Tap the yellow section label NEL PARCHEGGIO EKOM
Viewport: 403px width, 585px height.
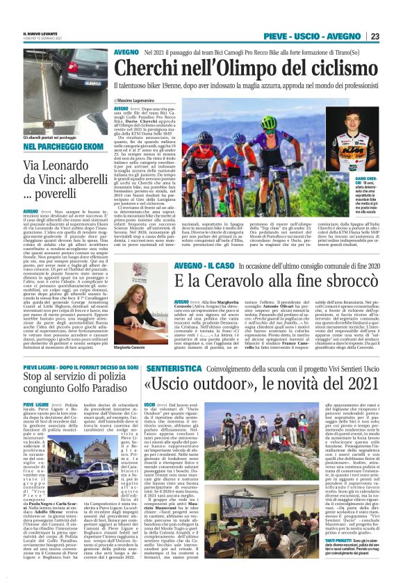point(57,147)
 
